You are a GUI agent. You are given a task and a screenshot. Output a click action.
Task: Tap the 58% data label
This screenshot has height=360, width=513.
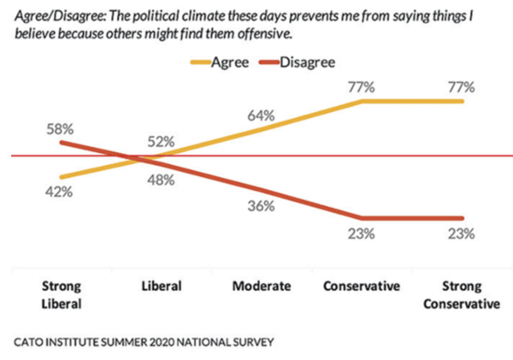(61, 129)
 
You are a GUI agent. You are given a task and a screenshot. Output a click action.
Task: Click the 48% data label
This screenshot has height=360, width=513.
(160, 180)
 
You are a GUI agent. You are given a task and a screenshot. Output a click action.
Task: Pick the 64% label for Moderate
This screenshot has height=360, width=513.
(262, 114)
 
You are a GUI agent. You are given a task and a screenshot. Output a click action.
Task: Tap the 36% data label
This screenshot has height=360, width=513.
(261, 206)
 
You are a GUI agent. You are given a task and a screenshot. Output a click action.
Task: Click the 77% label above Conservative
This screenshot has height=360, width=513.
(363, 86)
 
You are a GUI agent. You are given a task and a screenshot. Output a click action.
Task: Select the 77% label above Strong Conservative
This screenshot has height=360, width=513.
(462, 86)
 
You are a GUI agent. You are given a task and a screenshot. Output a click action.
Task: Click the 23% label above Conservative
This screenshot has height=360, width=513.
(362, 234)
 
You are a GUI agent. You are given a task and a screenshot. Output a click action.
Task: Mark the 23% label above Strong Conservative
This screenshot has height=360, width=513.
(462, 234)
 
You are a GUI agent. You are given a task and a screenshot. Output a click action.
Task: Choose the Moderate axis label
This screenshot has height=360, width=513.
(262, 286)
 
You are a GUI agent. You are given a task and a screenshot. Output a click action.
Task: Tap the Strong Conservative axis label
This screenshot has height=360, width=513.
(462, 293)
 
